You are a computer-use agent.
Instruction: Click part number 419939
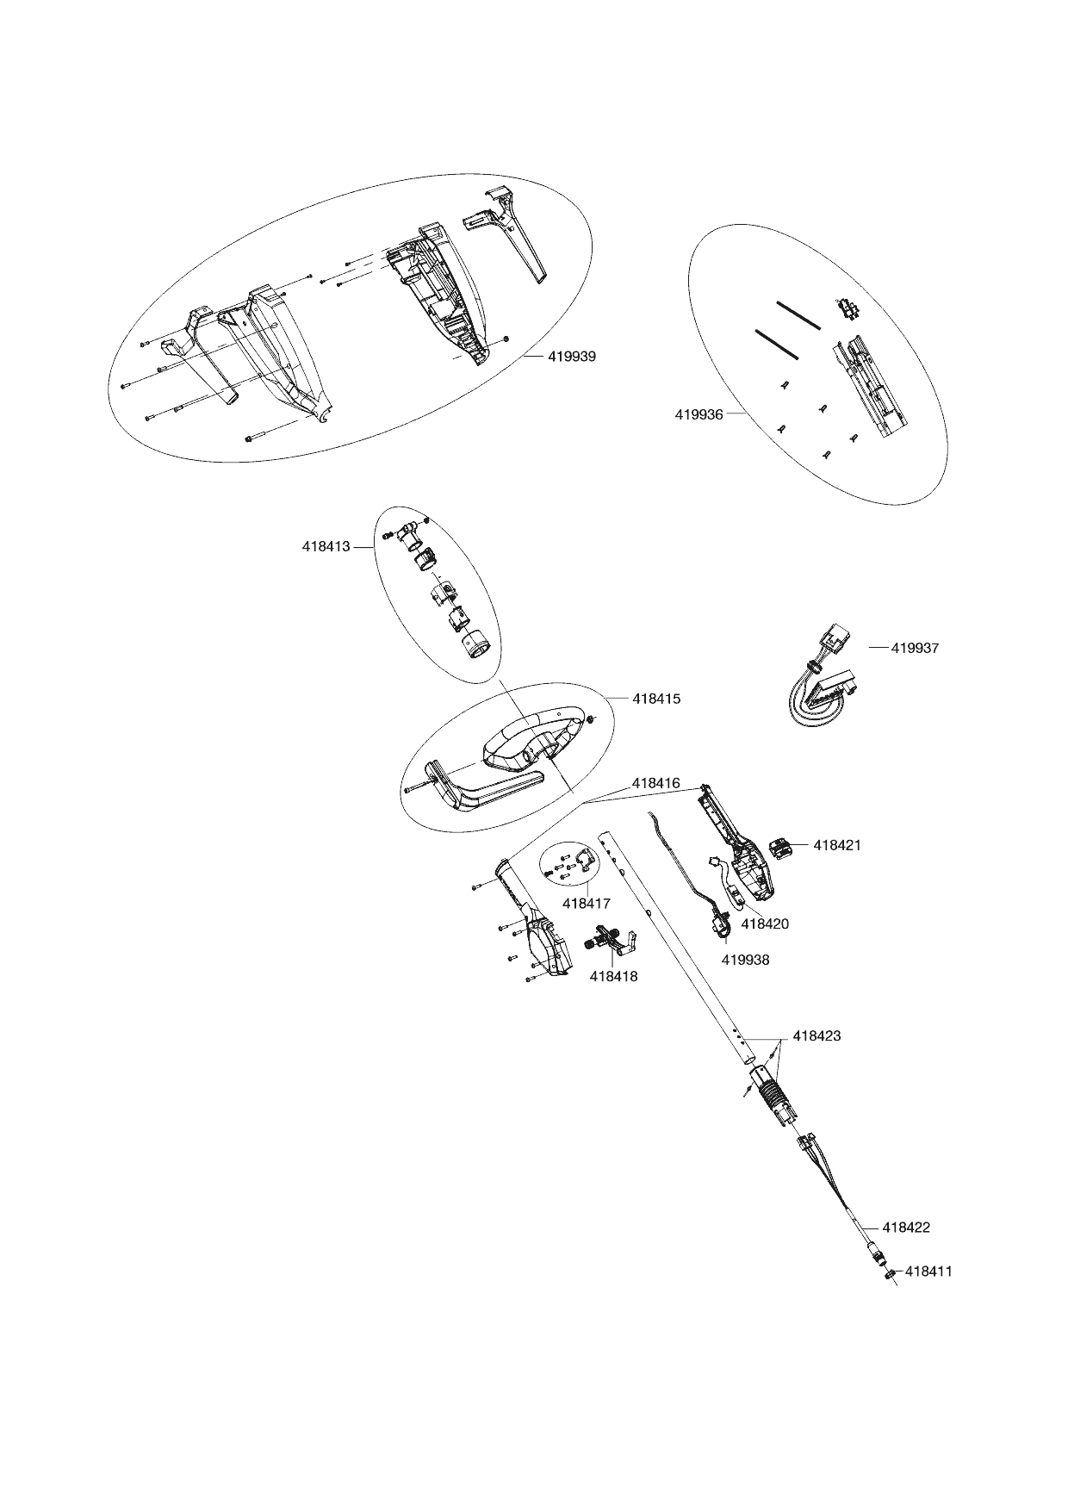[x=571, y=356]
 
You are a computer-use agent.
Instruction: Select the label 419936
[x=699, y=414]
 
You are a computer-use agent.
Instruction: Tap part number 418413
[x=326, y=546]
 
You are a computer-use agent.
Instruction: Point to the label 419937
[x=915, y=648]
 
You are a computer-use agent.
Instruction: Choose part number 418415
[x=656, y=699]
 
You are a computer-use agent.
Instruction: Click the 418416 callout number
[x=655, y=784]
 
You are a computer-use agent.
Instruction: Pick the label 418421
[x=837, y=845]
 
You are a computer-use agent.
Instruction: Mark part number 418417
[x=586, y=904]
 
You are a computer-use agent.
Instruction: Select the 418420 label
[x=765, y=923]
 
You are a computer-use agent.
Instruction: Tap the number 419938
[x=746, y=960]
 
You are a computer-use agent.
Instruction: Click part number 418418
[x=613, y=977]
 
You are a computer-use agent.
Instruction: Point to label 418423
[x=817, y=1035]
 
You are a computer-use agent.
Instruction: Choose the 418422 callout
[x=906, y=1228]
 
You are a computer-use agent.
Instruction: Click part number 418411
[x=928, y=1271]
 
